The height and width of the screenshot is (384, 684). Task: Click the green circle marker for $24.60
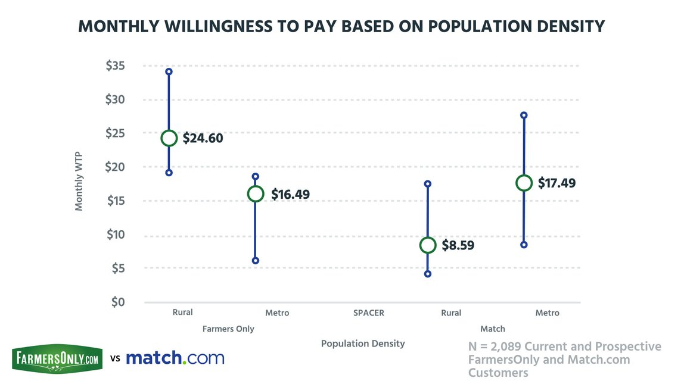pyautogui.click(x=169, y=138)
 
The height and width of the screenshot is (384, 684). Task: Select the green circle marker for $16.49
pyautogui.click(x=256, y=193)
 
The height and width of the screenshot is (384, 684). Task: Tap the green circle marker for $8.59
pyautogui.click(x=427, y=245)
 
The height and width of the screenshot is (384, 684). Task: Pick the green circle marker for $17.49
pyautogui.click(x=524, y=183)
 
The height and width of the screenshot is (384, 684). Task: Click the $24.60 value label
pyautogui.click(x=203, y=138)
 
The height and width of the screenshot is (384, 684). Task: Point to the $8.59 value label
pyautogui.click(x=458, y=245)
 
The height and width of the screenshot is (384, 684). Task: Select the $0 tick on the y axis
pyautogui.click(x=118, y=302)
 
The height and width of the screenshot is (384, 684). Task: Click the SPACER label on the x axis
pyautogui.click(x=368, y=313)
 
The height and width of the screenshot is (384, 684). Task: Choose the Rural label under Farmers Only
pyautogui.click(x=182, y=312)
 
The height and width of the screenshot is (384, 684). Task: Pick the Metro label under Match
pyautogui.click(x=547, y=313)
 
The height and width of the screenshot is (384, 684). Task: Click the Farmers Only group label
pyautogui.click(x=228, y=329)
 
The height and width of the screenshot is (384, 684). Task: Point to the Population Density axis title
pyautogui.click(x=363, y=344)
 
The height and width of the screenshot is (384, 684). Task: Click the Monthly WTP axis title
pyautogui.click(x=79, y=181)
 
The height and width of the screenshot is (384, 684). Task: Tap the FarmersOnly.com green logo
pyautogui.click(x=57, y=359)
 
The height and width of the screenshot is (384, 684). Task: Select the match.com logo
pyautogui.click(x=175, y=358)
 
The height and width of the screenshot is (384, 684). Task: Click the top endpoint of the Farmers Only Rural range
pyautogui.click(x=169, y=71)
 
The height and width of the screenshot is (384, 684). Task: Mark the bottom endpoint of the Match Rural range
pyautogui.click(x=427, y=274)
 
